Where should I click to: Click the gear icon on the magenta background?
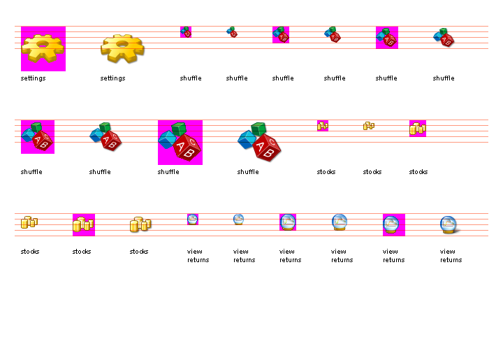point(43,48)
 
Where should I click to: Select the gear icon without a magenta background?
point(122,48)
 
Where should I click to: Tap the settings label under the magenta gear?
point(33,78)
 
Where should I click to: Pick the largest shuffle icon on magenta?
point(180,142)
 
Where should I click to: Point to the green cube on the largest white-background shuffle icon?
point(259,129)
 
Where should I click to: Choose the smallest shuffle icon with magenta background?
point(185,31)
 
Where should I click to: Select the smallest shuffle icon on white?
point(232,31)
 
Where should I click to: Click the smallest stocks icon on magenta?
point(322,126)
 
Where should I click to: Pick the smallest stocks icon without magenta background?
point(369,126)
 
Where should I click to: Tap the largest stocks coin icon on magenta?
point(83,224)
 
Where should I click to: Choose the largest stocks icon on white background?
point(140,224)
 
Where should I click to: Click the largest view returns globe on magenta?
point(393,224)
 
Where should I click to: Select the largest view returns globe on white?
point(449,224)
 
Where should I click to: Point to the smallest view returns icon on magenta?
point(192,219)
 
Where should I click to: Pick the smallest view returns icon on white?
point(238,219)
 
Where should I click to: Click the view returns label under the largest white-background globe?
point(451,256)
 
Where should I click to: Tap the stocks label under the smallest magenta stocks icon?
point(326,172)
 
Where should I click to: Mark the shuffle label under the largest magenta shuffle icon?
point(168,172)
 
